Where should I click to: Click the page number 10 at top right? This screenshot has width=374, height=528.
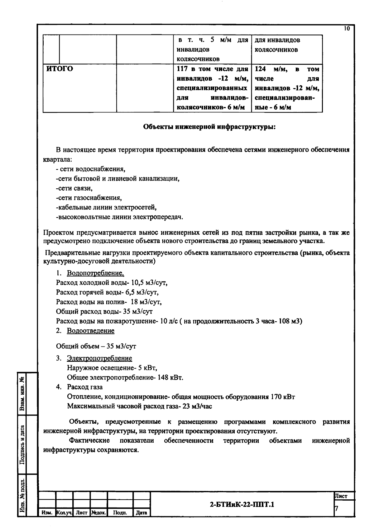347,29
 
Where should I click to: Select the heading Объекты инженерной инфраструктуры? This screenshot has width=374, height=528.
209,127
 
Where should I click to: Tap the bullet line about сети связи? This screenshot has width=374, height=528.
74,188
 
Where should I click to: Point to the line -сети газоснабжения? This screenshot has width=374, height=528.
89,198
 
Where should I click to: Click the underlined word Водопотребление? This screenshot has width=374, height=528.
95,273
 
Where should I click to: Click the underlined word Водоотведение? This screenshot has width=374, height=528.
91,331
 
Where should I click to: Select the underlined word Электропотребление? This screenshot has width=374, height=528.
99,358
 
